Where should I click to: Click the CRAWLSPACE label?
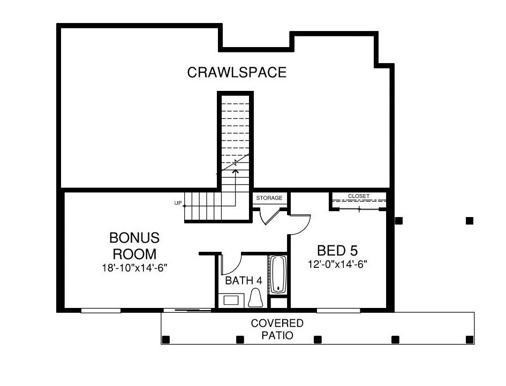[x=237, y=72]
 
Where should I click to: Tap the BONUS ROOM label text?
[x=134, y=245]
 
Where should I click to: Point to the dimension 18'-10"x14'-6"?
[x=134, y=268]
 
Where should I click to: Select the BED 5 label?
[x=337, y=250]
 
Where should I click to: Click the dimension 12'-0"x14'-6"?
[x=337, y=264]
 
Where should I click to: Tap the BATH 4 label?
[x=243, y=281]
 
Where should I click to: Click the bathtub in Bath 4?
[x=278, y=274]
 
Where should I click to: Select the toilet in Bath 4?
[x=255, y=298]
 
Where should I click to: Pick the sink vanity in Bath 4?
[x=231, y=300]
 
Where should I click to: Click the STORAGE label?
[x=269, y=198]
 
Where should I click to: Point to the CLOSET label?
[x=359, y=196]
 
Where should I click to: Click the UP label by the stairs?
[x=178, y=203]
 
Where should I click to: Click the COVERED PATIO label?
[x=277, y=329]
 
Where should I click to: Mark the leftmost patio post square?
[x=166, y=339]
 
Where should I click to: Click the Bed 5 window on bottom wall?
[x=338, y=311]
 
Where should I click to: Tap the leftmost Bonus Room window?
[x=101, y=311]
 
